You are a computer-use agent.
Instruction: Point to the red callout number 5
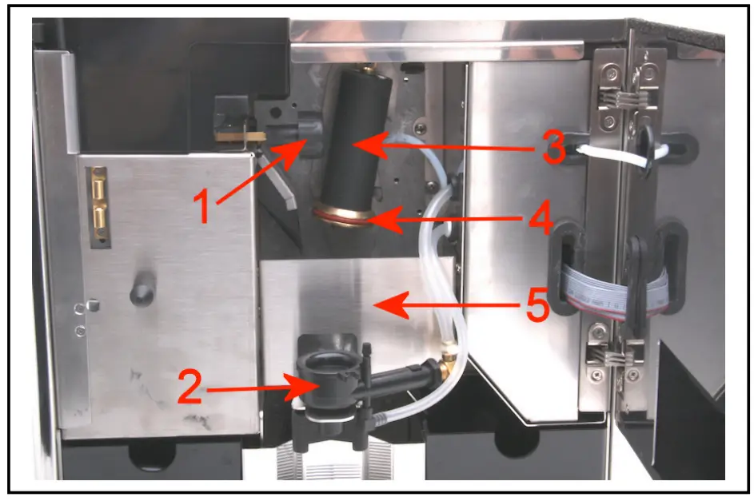pos(537,307)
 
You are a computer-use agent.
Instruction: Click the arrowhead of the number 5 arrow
pos(381,303)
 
